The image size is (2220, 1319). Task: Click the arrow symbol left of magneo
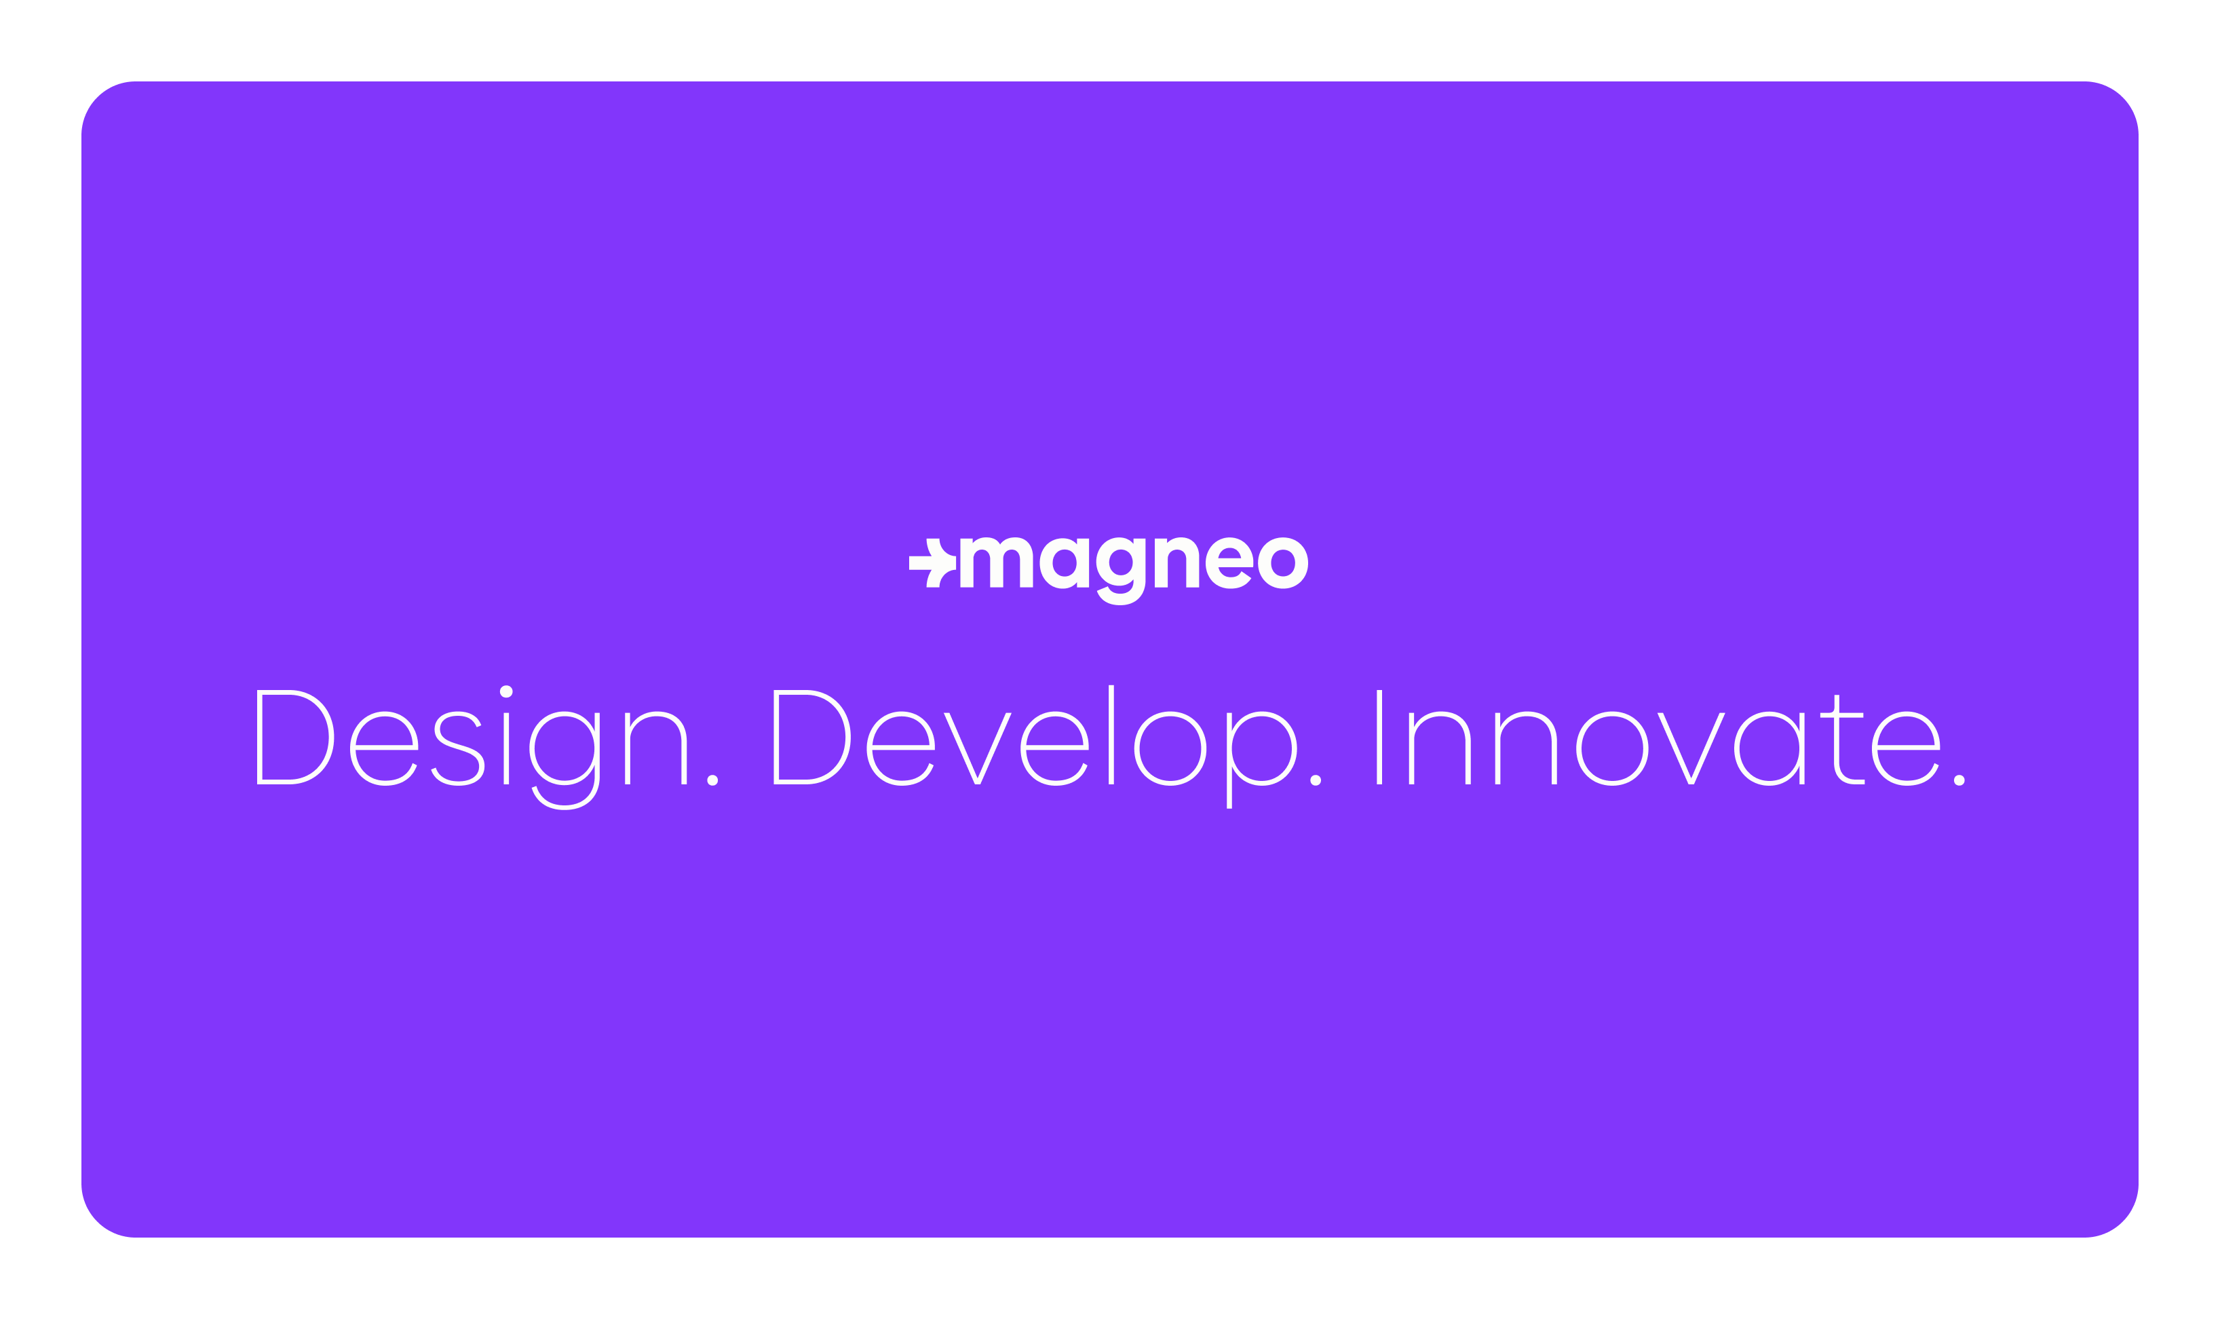click(x=932, y=562)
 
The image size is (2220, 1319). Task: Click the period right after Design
click(x=712, y=780)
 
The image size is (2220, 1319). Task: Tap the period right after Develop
click(x=1316, y=780)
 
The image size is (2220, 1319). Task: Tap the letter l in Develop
click(x=1111, y=735)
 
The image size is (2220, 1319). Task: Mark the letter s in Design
click(x=458, y=748)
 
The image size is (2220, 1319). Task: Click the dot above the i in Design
click(x=505, y=691)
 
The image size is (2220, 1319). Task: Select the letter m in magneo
click(x=995, y=562)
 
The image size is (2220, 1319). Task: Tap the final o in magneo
click(x=1282, y=562)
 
